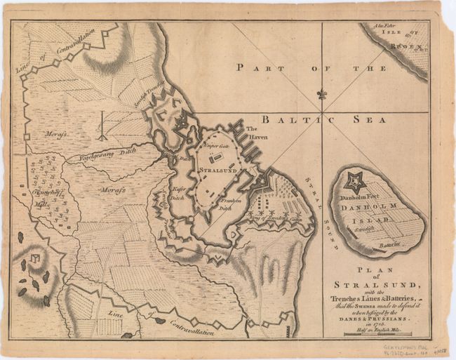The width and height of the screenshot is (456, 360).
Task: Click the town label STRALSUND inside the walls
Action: pyautogui.click(x=215, y=171)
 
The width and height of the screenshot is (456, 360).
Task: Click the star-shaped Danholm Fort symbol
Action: pyautogui.click(x=354, y=182)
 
